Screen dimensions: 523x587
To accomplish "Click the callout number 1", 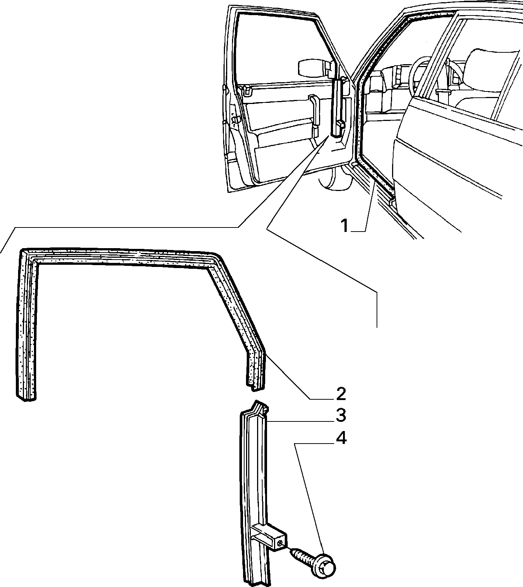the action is pos(345,225).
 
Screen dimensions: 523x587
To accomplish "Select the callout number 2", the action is pos(341,394).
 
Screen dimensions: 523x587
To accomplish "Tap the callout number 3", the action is pos(341,415).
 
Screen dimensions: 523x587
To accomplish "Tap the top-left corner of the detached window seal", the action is pos(22,251).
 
